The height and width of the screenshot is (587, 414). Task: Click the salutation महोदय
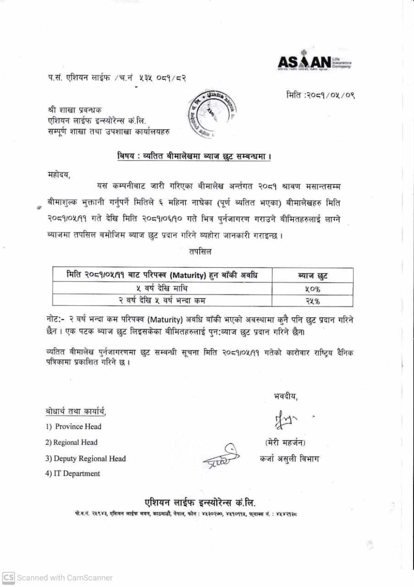tap(60, 174)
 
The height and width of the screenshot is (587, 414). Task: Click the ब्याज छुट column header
tap(312, 276)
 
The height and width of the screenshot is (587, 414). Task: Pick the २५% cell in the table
tap(312, 300)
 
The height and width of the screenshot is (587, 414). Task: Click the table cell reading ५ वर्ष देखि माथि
tap(163, 288)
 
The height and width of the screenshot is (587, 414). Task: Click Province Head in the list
tap(74, 426)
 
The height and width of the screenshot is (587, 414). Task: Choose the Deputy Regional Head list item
tap(86, 459)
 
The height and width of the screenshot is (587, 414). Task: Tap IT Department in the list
tap(73, 474)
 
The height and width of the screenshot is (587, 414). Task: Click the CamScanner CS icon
tap(8, 577)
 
